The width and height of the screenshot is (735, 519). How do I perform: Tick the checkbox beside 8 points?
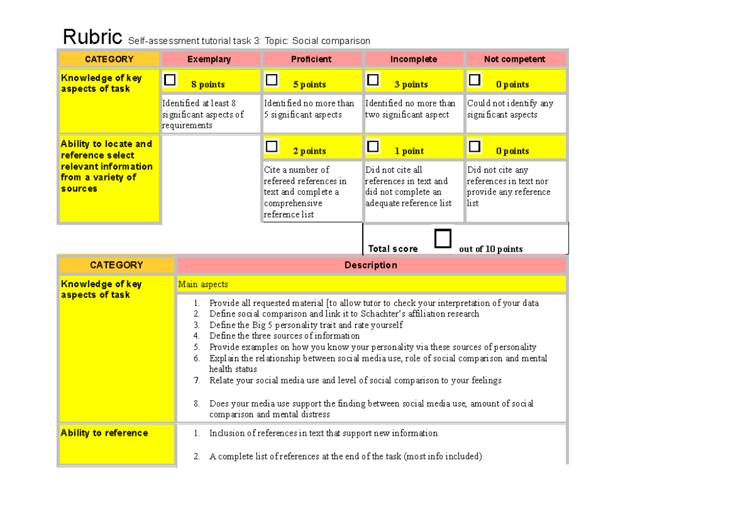170,80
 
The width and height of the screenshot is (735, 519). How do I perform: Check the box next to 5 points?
271,80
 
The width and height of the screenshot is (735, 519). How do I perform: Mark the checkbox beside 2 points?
271,147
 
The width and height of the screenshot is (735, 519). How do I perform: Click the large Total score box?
443,239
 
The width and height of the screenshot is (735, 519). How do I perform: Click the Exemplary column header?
209,59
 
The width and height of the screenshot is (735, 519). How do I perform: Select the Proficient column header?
311,59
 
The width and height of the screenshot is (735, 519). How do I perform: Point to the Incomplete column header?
413,59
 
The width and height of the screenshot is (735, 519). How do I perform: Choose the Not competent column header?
514,59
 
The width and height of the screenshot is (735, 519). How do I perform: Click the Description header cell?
371,265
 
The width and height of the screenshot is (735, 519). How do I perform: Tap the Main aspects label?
203,284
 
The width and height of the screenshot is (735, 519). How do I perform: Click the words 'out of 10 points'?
491,249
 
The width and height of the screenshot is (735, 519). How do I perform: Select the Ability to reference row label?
104,433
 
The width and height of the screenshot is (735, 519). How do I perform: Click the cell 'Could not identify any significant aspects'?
510,109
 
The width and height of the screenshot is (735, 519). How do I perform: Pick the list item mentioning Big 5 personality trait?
306,325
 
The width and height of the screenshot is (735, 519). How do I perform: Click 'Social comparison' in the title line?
331,41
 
